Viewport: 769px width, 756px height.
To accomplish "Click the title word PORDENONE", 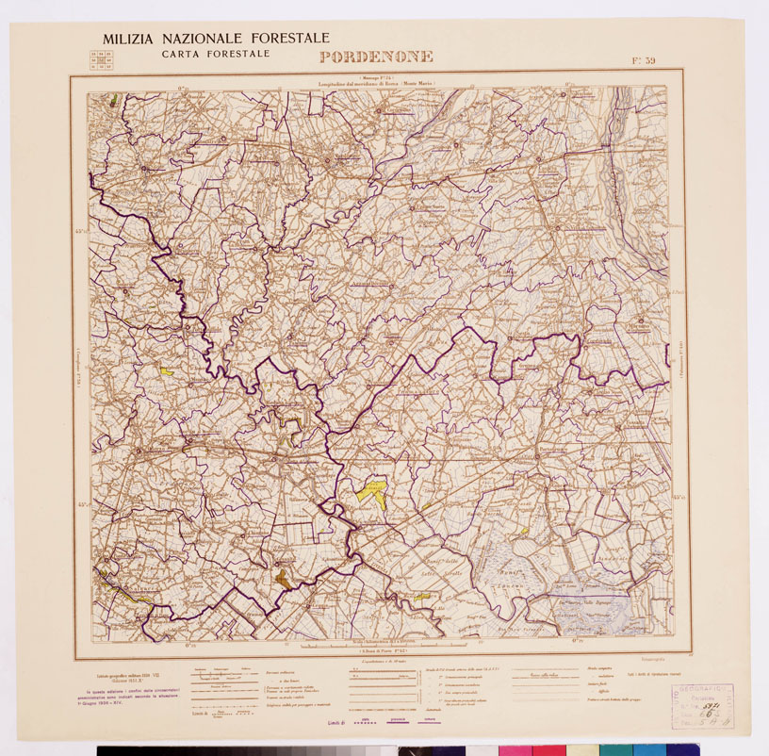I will click(x=376, y=58).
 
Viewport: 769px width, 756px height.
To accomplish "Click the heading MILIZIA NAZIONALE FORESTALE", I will click(x=217, y=38).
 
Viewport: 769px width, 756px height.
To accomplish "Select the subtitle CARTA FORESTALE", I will click(x=216, y=55).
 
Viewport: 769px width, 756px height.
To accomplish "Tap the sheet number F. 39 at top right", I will click(x=644, y=61).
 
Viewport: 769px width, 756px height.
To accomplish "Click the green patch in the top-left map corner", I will click(x=114, y=97).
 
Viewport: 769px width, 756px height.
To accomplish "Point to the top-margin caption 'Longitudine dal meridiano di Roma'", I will click(x=377, y=85).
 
